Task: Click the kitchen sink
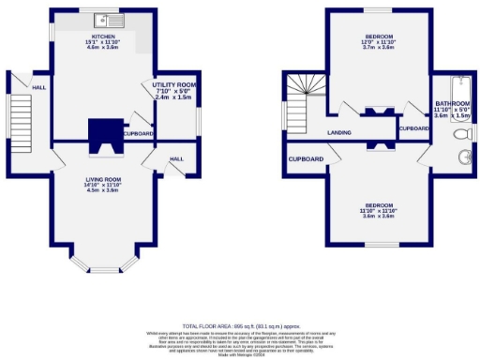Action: [108, 20]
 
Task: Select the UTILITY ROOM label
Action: [172, 85]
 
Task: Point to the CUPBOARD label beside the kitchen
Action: [138, 133]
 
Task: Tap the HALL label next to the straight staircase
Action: [38, 87]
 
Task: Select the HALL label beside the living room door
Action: [175, 159]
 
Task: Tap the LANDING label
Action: [338, 133]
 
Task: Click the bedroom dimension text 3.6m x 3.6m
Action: [378, 215]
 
